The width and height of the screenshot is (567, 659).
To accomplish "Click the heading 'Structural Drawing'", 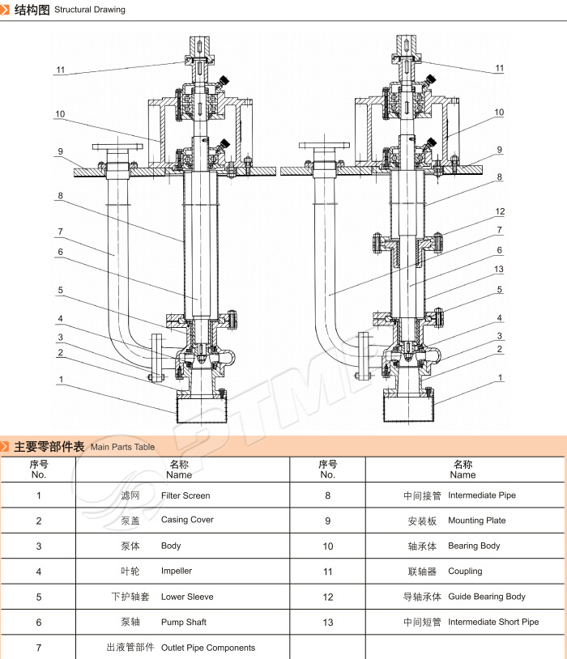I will point(89,10).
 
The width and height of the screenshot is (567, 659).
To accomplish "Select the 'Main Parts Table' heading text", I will point(122,447).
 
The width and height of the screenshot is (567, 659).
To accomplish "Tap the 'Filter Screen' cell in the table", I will point(185,495).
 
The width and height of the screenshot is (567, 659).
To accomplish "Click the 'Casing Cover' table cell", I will point(187,520).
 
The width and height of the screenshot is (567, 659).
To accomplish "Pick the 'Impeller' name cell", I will point(177,571).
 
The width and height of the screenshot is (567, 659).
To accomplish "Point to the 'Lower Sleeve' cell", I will point(187,597).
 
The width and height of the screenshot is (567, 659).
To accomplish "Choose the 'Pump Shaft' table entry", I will point(184,622).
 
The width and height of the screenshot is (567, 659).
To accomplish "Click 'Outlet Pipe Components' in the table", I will point(208,648).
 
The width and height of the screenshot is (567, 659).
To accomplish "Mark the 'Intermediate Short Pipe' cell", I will point(493,622).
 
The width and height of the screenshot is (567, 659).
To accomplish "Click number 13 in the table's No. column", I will point(327,622).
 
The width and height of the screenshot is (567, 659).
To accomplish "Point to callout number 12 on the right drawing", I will point(500,212).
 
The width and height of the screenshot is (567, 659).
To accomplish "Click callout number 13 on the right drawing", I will point(499,270).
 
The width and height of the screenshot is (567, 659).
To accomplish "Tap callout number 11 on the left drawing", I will point(60,70).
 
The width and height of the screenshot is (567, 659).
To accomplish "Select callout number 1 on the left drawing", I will point(60,378).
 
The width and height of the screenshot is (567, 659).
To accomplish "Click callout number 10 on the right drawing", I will point(499,113).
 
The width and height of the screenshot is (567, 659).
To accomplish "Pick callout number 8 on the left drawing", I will point(60,196).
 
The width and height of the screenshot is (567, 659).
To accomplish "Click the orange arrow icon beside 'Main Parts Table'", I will point(6,447).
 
